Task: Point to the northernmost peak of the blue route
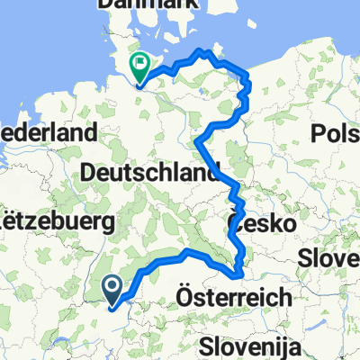click(212, 51)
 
